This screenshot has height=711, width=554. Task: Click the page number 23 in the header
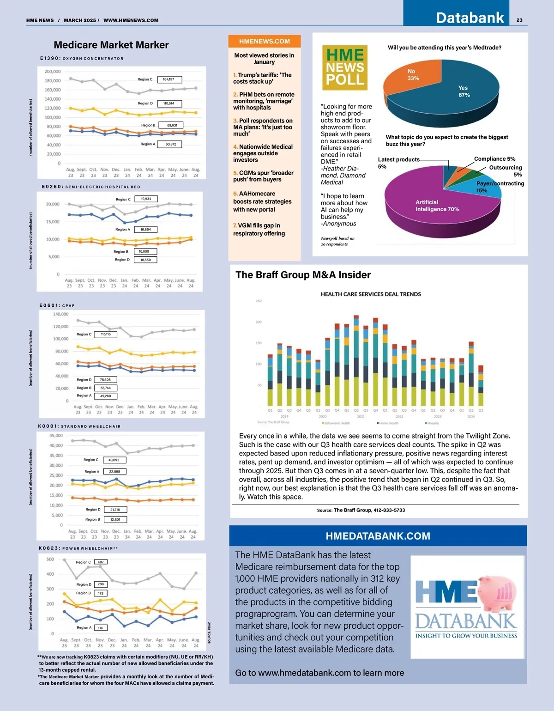[x=519, y=20]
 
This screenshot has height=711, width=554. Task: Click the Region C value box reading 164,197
[x=169, y=79]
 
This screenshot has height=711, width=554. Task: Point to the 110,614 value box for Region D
[x=169, y=103]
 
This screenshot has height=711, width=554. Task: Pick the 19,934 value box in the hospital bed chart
[x=146, y=199]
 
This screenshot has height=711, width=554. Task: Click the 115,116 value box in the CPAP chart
[x=106, y=334]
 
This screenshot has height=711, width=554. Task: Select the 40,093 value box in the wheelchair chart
[x=114, y=460]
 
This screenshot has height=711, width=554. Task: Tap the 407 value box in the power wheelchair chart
[x=101, y=562]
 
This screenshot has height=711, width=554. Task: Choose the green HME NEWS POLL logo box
[x=345, y=67]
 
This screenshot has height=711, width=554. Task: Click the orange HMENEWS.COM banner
[x=265, y=41]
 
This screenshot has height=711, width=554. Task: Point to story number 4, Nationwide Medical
[x=263, y=153]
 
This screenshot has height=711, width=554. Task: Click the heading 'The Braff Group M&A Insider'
[x=303, y=275]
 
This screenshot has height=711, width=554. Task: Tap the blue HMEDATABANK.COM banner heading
[x=378, y=536]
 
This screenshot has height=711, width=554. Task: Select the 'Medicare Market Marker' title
[x=111, y=45]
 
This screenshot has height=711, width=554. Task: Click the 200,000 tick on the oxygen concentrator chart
[x=53, y=72]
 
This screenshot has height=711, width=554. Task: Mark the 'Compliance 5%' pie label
[x=494, y=158]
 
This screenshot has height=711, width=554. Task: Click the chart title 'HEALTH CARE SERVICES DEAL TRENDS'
[x=371, y=294]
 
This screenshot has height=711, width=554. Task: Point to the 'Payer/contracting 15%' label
[x=500, y=187]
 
